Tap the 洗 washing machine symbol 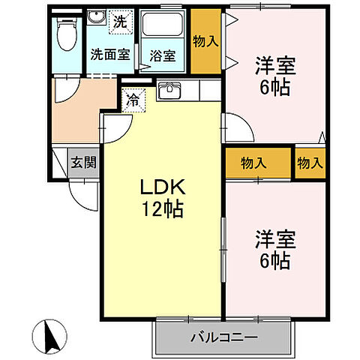tap(120, 22)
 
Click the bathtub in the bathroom tap(163, 28)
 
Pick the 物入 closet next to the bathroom tap(205, 41)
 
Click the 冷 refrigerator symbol tap(133, 99)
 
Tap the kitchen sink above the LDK tap(170, 91)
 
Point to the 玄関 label tap(82, 160)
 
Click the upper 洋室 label tap(274, 66)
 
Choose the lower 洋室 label tap(274, 240)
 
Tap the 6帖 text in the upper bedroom tap(274, 86)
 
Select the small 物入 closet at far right tap(309, 161)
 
